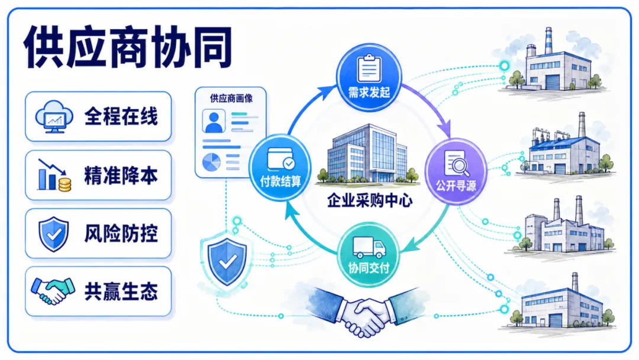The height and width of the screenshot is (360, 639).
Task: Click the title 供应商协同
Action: (x=128, y=47)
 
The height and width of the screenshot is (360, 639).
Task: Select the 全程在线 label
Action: (x=121, y=117)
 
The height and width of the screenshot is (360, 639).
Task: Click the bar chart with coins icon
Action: (x=54, y=175)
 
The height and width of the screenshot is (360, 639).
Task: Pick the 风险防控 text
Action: (x=121, y=234)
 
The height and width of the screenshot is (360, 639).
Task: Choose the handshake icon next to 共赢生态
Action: (x=53, y=291)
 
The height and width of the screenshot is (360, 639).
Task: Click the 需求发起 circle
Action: (x=369, y=78)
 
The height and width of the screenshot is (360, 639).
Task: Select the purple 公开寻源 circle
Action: (x=456, y=171)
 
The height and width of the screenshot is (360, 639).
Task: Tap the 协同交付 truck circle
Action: (x=369, y=255)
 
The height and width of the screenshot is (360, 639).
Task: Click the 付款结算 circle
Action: (x=280, y=167)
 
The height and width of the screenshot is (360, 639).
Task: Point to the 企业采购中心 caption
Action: (x=370, y=200)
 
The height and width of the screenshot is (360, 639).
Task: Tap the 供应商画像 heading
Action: (x=231, y=98)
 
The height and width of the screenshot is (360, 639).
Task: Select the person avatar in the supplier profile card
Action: (x=214, y=121)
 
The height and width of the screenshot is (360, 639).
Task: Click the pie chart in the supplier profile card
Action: (x=211, y=162)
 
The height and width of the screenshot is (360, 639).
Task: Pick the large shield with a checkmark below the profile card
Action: (x=227, y=262)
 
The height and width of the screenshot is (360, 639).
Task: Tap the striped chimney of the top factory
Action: (x=548, y=41)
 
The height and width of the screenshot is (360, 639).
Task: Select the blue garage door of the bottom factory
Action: (x=556, y=319)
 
